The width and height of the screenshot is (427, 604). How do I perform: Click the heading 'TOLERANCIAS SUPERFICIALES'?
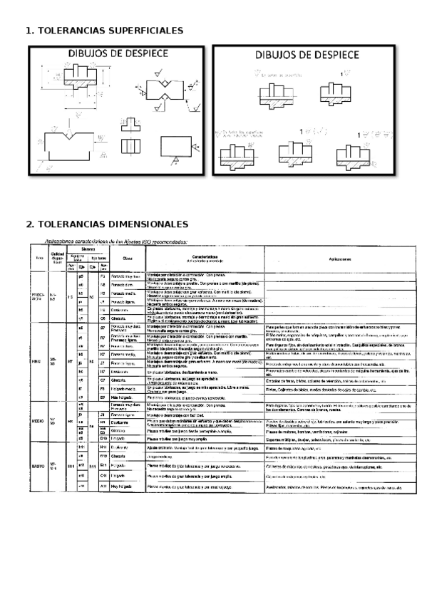(x=104, y=31)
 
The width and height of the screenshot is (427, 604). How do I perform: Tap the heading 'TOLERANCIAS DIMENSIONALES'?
(x=107, y=224)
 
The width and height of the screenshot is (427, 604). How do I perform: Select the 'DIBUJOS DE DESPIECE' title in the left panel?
(x=118, y=53)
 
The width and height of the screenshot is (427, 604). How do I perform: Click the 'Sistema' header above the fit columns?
(x=87, y=249)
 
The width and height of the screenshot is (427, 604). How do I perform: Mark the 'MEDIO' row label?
(x=38, y=422)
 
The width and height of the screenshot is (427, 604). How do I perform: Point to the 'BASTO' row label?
(x=38, y=466)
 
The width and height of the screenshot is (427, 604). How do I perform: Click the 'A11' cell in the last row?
(x=103, y=486)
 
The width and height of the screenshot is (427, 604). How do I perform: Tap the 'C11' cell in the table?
(x=103, y=475)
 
